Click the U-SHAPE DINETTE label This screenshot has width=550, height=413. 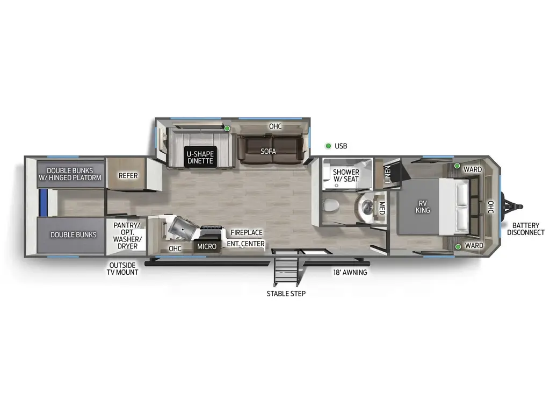(x=200, y=157)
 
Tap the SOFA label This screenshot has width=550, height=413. (x=268, y=152)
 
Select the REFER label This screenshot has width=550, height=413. (x=128, y=176)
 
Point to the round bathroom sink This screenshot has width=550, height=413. (x=368, y=206)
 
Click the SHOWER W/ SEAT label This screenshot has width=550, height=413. (x=346, y=175)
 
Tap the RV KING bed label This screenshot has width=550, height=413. (x=423, y=206)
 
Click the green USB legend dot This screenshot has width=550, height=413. (x=328, y=146)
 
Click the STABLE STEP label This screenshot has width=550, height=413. (x=286, y=294)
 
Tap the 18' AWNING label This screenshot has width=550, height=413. (x=349, y=272)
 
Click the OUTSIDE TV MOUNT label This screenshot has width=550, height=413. (x=124, y=268)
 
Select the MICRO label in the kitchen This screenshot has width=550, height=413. (x=206, y=246)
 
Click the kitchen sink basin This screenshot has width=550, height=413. (x=179, y=229)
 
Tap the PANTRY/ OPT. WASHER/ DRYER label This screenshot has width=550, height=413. (x=127, y=236)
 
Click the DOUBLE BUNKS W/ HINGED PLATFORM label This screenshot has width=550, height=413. (x=70, y=174)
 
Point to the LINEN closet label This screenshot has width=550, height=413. (x=387, y=174)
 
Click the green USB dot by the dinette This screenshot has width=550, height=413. (x=227, y=129)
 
